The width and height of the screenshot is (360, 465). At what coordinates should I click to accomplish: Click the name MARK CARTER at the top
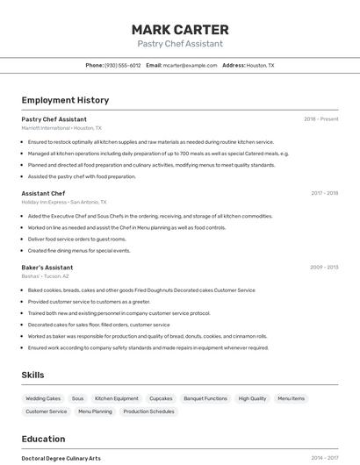pyautogui.click(x=180, y=30)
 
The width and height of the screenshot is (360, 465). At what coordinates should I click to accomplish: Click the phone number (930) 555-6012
pyautogui.click(x=123, y=65)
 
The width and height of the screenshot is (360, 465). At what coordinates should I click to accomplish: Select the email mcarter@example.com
pyautogui.click(x=190, y=65)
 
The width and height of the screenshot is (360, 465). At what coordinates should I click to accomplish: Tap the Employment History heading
pyautogui.click(x=65, y=100)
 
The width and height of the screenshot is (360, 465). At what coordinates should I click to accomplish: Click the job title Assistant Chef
pyautogui.click(x=43, y=193)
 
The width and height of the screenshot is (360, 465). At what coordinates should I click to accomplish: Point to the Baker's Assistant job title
pyautogui.click(x=47, y=268)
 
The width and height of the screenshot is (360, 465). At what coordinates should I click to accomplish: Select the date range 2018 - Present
pyautogui.click(x=321, y=119)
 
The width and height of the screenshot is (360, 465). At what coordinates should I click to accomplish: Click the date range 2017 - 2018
pyautogui.click(x=324, y=193)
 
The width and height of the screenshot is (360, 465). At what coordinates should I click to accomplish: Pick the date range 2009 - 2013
pyautogui.click(x=324, y=268)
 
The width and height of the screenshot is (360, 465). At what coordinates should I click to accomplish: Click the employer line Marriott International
pyautogui.click(x=61, y=127)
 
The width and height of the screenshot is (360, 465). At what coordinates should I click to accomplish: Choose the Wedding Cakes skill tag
pyautogui.click(x=43, y=398)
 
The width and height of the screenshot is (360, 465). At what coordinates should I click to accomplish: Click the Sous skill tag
pyautogui.click(x=78, y=398)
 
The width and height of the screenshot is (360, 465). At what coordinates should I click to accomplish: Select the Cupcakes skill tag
pyautogui.click(x=161, y=398)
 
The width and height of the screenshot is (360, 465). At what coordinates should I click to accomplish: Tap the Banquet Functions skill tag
pyautogui.click(x=205, y=398)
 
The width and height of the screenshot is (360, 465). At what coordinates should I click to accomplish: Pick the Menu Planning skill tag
pyautogui.click(x=95, y=411)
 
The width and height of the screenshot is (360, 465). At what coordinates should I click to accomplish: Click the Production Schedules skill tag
pyautogui.click(x=148, y=411)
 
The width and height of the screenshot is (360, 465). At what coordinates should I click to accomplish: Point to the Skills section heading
pyautogui.click(x=32, y=375)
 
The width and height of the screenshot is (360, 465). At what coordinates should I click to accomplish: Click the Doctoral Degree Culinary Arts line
pyautogui.click(x=61, y=458)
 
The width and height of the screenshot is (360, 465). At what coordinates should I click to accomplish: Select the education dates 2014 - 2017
pyautogui.click(x=324, y=458)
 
